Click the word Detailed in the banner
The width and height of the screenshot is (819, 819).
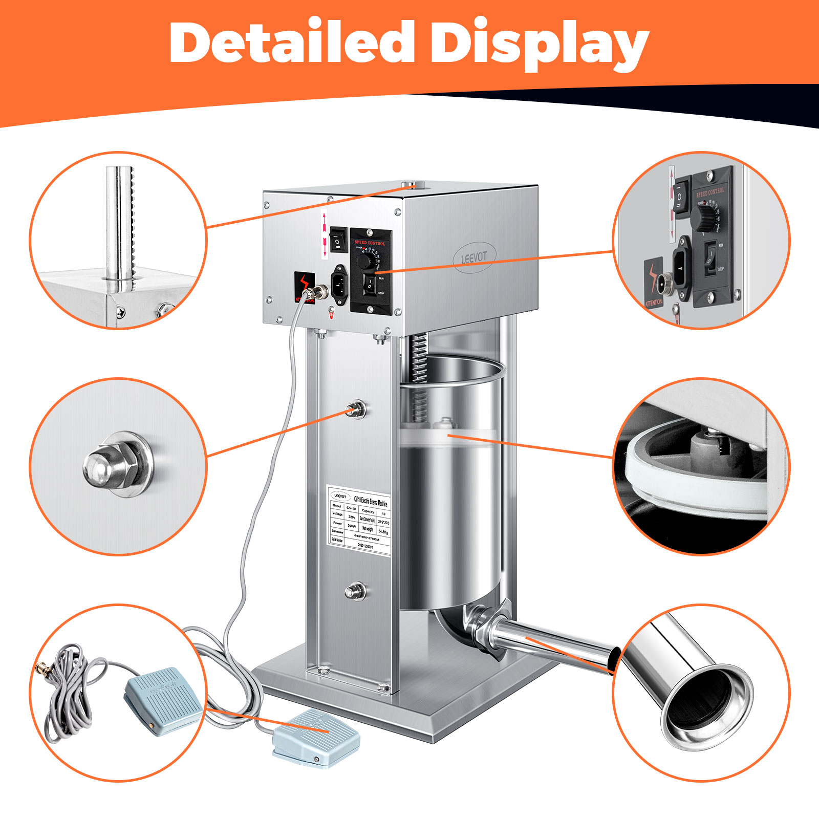292,43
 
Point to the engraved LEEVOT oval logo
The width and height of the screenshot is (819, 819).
474,257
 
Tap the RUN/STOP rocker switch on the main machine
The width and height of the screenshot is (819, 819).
370,285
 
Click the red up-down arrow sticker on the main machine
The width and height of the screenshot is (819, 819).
324,233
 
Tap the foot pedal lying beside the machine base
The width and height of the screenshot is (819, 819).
316,737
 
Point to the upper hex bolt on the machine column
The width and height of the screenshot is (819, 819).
355,409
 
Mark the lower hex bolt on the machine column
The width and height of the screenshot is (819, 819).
355,592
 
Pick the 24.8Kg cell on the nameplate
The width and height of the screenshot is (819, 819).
383,532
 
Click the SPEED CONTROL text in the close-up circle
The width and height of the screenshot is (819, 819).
710,192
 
